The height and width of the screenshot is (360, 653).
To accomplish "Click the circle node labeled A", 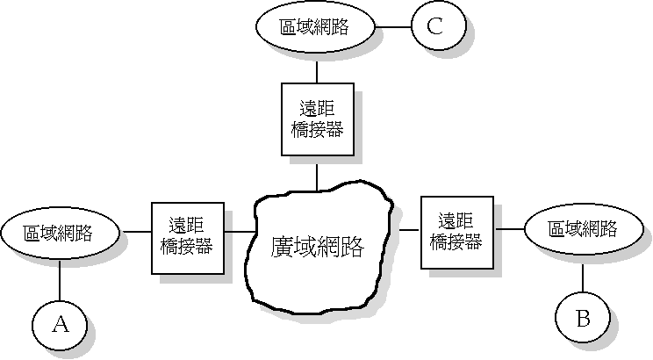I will click(x=59, y=325).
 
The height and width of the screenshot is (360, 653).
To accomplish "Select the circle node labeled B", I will click(x=582, y=318).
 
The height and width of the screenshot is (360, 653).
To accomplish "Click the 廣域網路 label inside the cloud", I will click(x=317, y=246).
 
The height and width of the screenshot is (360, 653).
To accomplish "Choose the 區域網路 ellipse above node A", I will click(x=60, y=234).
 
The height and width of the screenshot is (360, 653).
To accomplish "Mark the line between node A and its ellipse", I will click(x=59, y=281).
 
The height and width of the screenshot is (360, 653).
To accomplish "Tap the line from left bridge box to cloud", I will click(x=239, y=233).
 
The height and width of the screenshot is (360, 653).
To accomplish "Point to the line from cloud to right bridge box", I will click(x=410, y=229).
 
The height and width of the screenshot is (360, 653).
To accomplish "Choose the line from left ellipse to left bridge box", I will click(x=136, y=233).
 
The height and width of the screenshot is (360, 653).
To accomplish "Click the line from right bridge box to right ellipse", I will click(x=509, y=230).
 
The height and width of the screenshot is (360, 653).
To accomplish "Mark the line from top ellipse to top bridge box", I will click(x=316, y=66).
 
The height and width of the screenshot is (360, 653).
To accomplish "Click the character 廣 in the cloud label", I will click(x=282, y=246).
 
